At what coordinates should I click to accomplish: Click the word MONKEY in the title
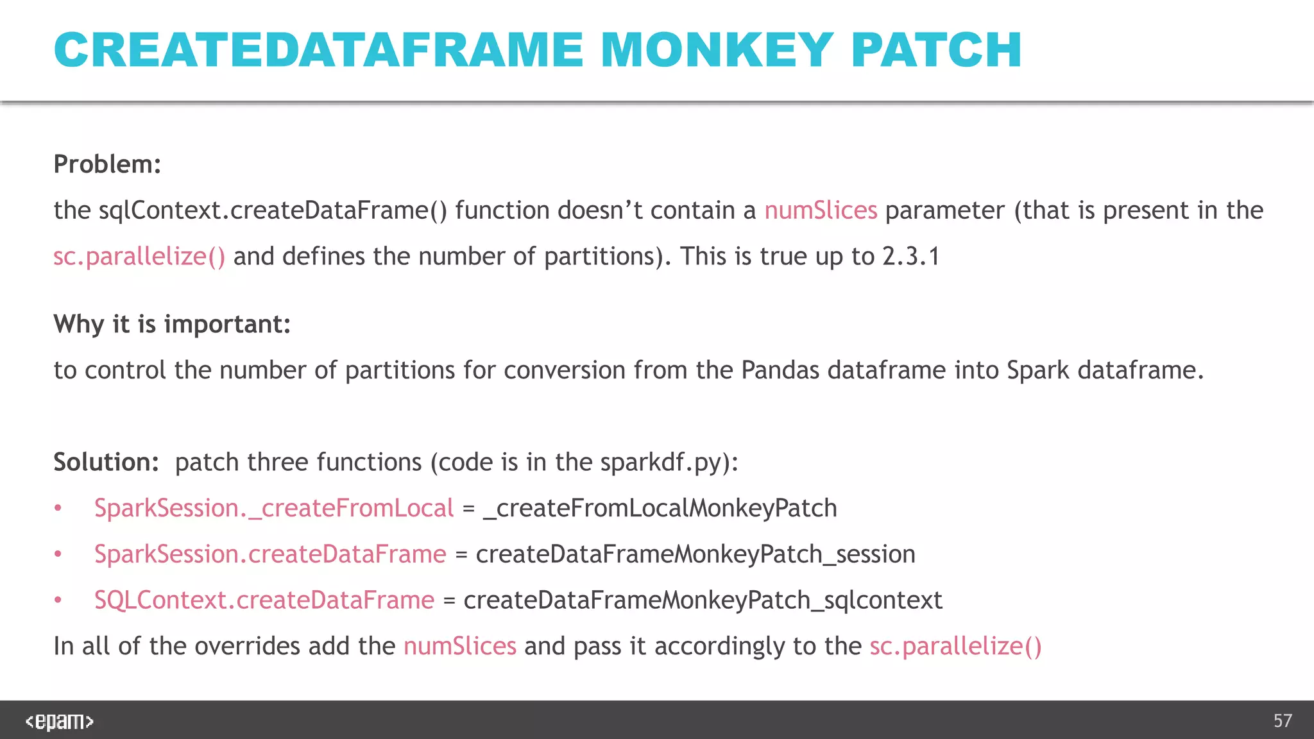point(717,50)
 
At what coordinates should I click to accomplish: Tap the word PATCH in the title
point(936,50)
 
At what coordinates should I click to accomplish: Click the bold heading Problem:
point(107,164)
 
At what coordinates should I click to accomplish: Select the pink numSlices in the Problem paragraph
point(821,210)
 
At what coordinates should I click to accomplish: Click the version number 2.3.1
point(910,257)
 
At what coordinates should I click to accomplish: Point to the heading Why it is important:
point(172,324)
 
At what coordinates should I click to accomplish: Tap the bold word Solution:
point(106,462)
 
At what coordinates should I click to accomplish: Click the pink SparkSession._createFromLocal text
point(274,508)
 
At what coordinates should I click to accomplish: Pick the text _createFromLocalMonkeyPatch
point(660,508)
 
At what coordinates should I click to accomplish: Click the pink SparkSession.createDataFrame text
point(270,554)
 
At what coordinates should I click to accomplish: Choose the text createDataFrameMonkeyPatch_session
point(695,554)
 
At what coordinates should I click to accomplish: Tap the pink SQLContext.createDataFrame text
point(264,600)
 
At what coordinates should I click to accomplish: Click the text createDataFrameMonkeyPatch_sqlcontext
point(703,600)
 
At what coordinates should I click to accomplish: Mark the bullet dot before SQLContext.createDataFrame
point(58,600)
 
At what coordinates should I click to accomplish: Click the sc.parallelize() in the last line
point(955,646)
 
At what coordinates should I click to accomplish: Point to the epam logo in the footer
point(60,721)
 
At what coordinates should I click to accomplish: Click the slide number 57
point(1283,721)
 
